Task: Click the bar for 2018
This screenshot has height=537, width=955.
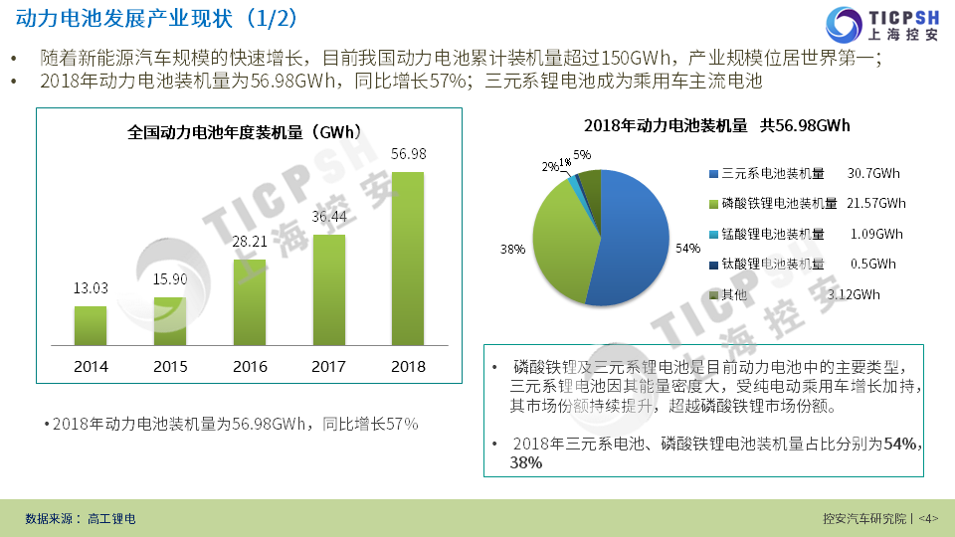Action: point(408,259)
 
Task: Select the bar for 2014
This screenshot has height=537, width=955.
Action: point(91,325)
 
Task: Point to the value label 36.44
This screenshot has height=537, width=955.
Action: point(329,216)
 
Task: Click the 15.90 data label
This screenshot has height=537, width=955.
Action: point(170,278)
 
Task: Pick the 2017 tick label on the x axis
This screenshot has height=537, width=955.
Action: point(329,366)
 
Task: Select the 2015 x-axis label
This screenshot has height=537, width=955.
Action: point(170,366)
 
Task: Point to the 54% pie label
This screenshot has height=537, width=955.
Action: point(687,248)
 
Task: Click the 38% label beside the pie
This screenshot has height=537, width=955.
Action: point(512,249)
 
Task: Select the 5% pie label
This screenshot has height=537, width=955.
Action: point(582,155)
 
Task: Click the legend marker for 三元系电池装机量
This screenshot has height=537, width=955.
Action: point(713,174)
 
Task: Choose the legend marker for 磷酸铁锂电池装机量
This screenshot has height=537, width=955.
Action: point(713,204)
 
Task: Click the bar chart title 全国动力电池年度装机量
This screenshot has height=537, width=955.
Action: point(244,131)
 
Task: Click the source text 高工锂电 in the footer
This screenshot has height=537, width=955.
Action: point(111,519)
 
